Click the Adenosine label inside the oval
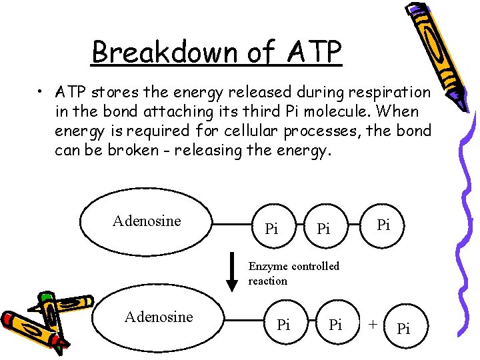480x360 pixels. [x=147, y=221]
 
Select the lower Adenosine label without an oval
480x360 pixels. [x=159, y=317]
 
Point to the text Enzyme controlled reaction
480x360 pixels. [x=293, y=273]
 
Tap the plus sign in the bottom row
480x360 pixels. [x=373, y=323]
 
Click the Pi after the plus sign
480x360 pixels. [x=403, y=329]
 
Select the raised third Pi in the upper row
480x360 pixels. [x=383, y=225]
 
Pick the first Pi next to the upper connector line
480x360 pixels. [x=271, y=230]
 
